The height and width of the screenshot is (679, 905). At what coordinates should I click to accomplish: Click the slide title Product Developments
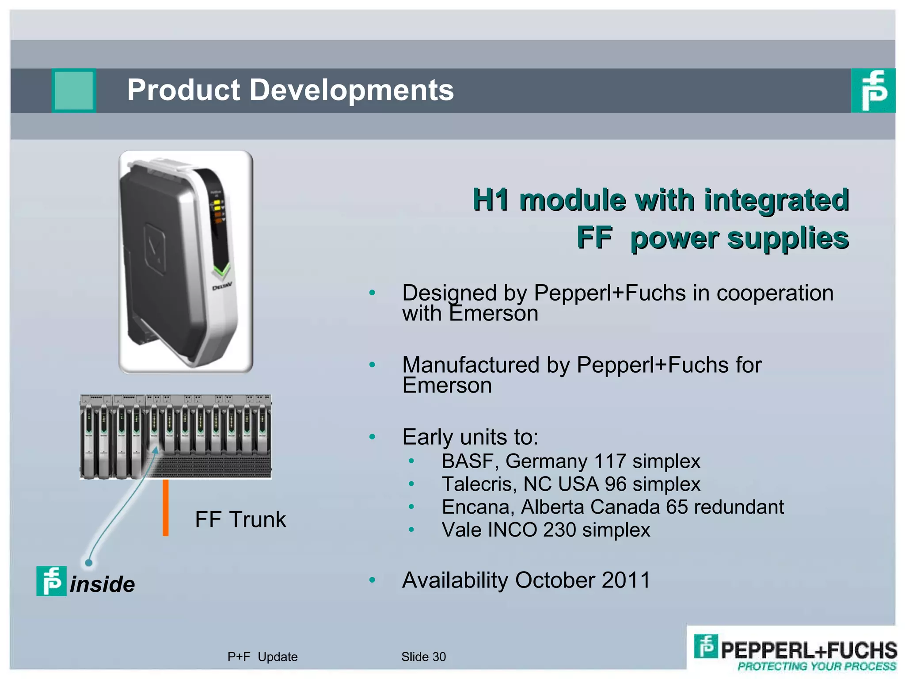tap(290, 90)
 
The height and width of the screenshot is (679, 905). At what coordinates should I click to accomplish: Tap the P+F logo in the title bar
tap(873, 91)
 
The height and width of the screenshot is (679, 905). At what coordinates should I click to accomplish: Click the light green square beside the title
tap(74, 91)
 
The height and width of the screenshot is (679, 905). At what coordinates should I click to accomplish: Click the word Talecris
tap(479, 484)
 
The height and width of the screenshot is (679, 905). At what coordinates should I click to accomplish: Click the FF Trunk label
tap(240, 519)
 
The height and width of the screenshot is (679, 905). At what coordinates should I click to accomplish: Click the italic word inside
tap(103, 584)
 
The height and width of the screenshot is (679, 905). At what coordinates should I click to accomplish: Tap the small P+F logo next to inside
tap(51, 581)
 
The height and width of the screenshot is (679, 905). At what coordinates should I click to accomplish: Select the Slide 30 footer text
tap(423, 657)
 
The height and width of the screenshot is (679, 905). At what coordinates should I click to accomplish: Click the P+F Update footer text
tap(262, 657)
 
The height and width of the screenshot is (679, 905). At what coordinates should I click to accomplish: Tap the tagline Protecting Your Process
tap(817, 667)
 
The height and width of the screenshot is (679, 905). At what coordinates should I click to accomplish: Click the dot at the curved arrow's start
tap(89, 563)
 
